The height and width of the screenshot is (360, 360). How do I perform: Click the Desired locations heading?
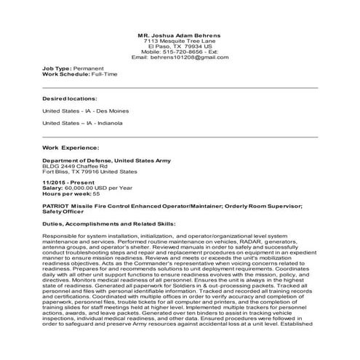(x=70, y=98)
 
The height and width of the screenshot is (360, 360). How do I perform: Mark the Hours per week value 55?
(x=96, y=195)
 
